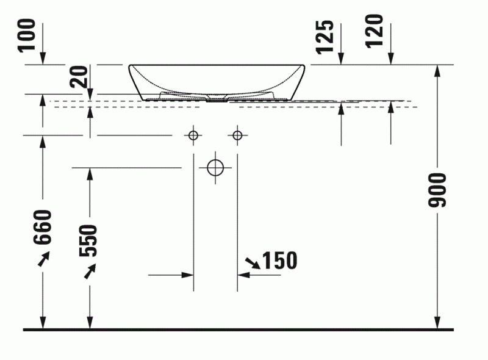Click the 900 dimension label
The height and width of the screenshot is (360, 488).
pyautogui.click(x=437, y=189)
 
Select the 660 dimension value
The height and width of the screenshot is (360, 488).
pyautogui.click(x=43, y=227)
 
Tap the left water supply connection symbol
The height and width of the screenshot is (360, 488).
pyautogui.click(x=193, y=135)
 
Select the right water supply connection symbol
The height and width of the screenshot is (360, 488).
pyautogui.click(x=237, y=135)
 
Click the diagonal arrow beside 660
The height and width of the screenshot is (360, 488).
pyautogui.click(x=43, y=260)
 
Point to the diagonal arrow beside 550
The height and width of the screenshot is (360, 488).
pyautogui.click(x=90, y=271)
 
